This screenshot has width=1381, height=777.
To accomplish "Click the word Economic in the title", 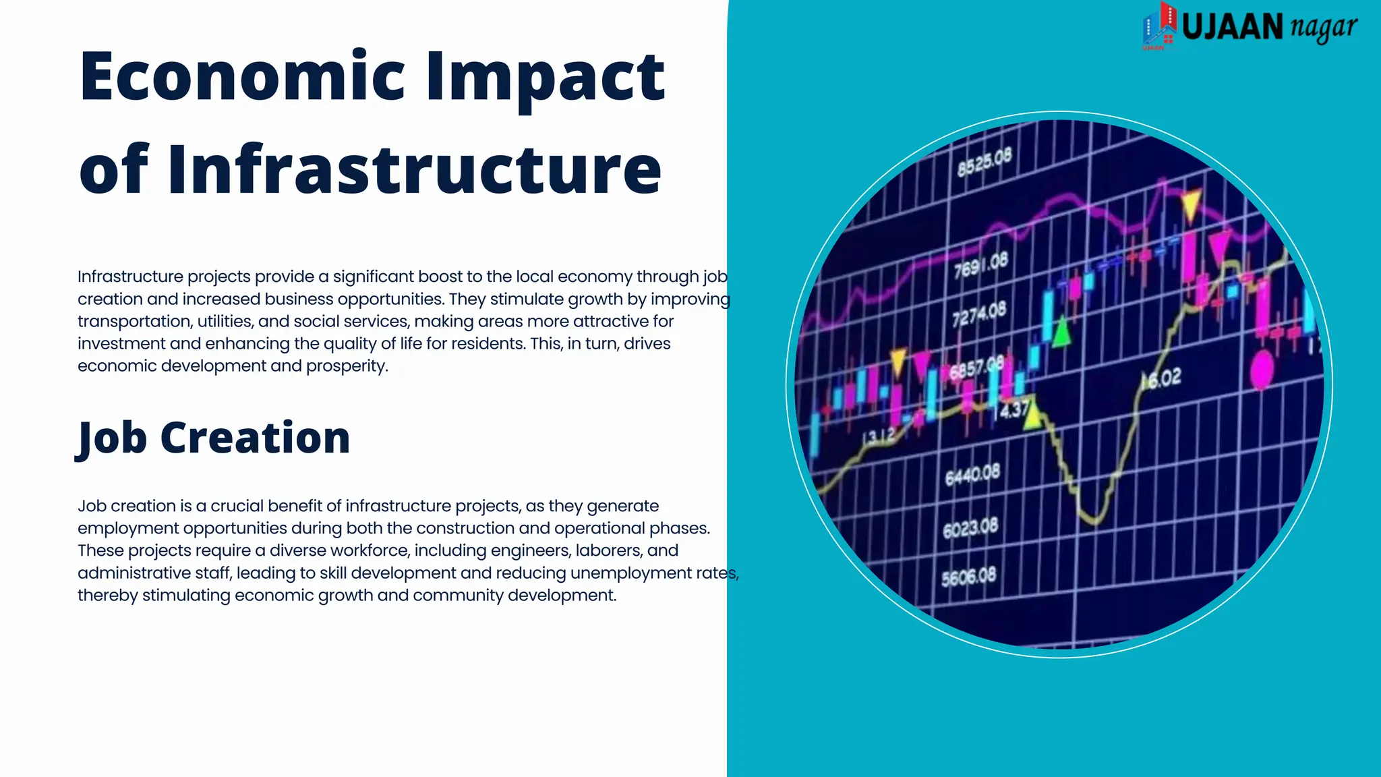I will coord(241,76).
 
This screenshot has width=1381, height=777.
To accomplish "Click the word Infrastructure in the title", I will coord(414,169).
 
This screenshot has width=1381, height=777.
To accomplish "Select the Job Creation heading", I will coord(214,438).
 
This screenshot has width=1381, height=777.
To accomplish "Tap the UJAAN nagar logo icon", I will coord(1159,26).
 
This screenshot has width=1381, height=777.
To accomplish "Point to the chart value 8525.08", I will coord(985,162).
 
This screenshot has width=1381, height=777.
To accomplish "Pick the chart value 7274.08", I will coord(978,314).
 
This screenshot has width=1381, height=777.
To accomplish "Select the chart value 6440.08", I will coord(972,475).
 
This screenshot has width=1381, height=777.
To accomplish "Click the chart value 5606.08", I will coord(968,577).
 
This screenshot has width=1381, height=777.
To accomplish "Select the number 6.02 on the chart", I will coord(1164,379).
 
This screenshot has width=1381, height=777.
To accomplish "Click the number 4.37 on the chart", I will coord(1014,409).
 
